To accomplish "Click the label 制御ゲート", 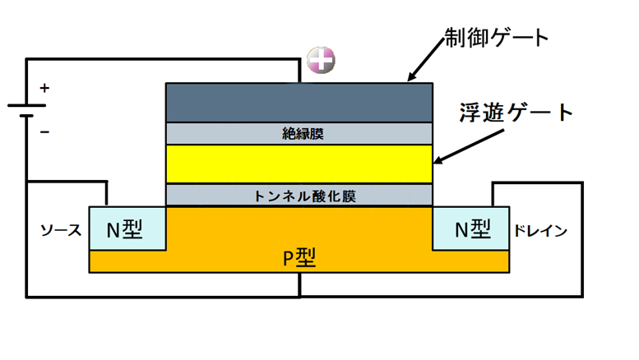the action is (x=497, y=38).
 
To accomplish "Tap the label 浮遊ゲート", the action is (x=516, y=112).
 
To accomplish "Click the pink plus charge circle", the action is (x=321, y=60).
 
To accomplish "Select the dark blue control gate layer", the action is (x=299, y=103).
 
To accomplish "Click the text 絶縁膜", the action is (x=303, y=134).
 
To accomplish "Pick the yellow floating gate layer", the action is (x=299, y=164).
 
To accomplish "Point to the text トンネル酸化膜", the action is (x=304, y=196).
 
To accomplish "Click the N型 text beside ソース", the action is (x=124, y=229).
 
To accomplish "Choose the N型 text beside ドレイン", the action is (x=473, y=228).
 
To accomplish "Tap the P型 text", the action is (x=299, y=257).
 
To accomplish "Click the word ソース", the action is (x=61, y=230).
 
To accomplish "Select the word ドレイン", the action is (x=540, y=231).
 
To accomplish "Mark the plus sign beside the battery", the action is (x=45, y=88).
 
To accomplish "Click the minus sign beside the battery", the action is (x=45, y=132).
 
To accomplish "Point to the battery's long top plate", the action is (x=27, y=105).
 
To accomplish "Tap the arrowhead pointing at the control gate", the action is (x=411, y=76).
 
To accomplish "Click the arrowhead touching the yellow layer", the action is (x=439, y=159).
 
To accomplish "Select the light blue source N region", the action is (x=127, y=228).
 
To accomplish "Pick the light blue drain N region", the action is (x=471, y=228).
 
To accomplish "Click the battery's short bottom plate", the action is (x=26, y=116).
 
